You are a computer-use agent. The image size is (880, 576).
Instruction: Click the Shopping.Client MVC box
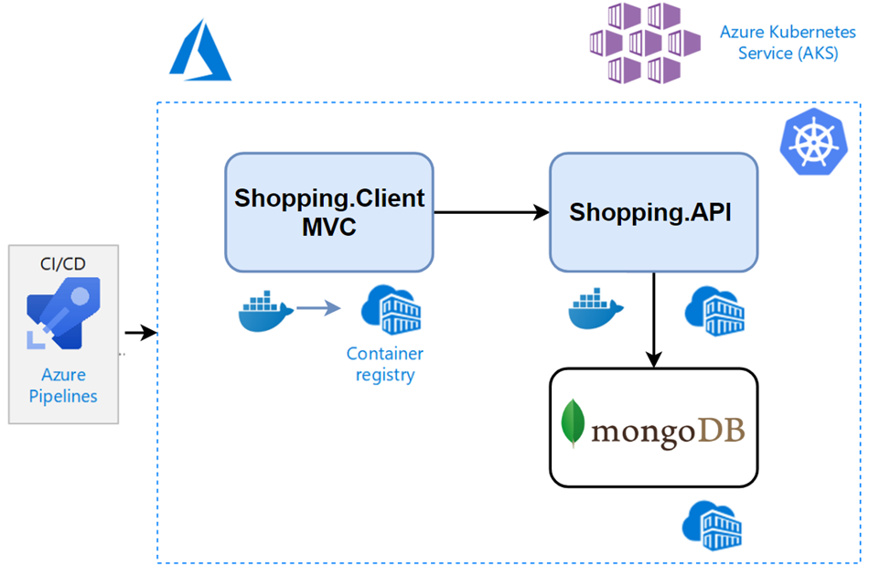pos(328,212)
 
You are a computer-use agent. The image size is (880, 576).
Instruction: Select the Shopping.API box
pos(653,212)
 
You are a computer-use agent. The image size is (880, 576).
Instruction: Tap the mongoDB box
pos(653,428)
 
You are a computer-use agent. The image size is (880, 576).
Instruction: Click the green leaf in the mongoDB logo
pos(574,423)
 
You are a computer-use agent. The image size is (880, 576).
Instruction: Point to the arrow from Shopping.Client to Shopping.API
pos(489,212)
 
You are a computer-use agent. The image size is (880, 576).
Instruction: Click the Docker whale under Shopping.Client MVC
pos(265,311)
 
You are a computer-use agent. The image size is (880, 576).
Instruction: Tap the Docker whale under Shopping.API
pos(596,309)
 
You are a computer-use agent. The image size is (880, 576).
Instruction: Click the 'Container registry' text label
pos(384,364)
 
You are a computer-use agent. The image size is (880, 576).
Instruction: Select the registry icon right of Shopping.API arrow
pos(714,311)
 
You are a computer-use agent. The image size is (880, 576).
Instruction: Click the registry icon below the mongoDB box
pos(713,524)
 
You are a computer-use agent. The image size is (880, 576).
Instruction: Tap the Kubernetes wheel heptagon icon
pos(813,143)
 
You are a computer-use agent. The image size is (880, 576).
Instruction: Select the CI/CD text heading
pos(63,264)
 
